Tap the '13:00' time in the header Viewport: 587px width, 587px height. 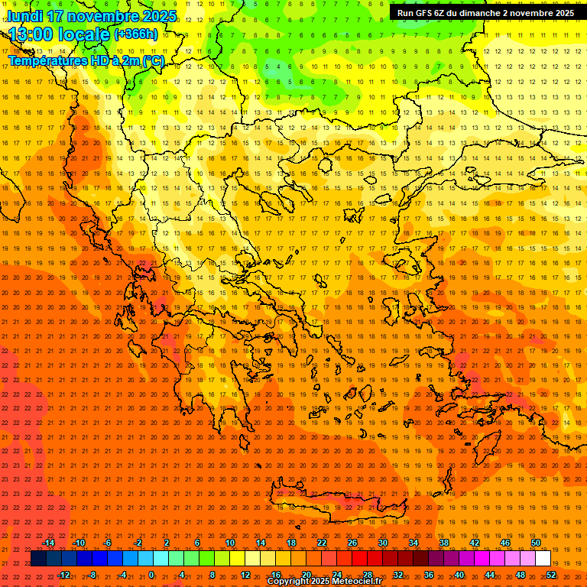(31, 34)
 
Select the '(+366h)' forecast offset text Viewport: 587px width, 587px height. (136, 34)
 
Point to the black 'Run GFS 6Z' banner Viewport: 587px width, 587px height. (485, 13)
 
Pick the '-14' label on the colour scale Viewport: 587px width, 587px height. (48, 543)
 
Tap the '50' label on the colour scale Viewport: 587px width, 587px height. (536, 543)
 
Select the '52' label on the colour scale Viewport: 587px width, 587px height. (551, 575)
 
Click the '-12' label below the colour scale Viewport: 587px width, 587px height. (64, 575)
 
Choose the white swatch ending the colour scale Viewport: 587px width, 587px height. (543, 559)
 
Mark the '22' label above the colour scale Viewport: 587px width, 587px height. (322, 543)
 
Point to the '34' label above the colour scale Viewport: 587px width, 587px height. (413, 543)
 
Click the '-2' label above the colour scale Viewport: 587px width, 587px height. (138, 543)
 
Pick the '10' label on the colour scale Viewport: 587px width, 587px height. (230, 543)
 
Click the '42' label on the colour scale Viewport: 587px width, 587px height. (475, 543)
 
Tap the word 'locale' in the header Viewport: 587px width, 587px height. (86, 34)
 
